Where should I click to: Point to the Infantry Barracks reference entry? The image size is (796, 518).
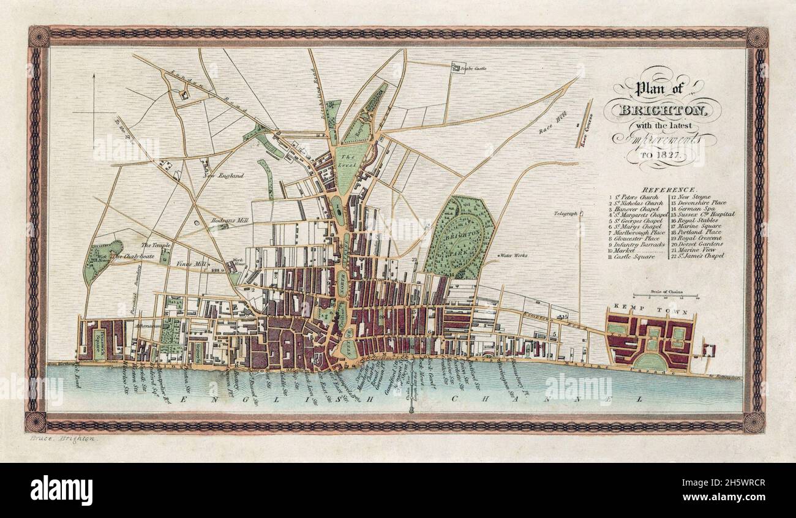[x=637, y=244]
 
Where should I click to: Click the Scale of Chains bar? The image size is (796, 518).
[x=666, y=296]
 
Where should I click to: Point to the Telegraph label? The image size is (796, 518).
[x=565, y=213]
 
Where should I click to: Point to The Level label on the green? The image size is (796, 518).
[x=344, y=160]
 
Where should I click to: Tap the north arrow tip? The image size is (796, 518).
[x=94, y=74]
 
